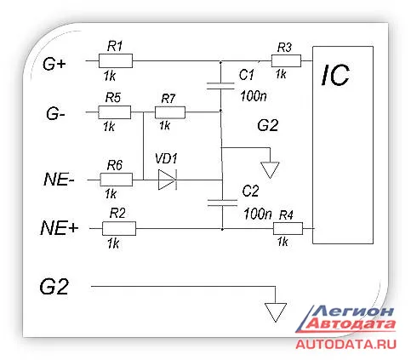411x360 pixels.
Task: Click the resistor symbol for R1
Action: click(116, 60)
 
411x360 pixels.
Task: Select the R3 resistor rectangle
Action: click(286, 60)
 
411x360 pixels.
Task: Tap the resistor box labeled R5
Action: click(115, 112)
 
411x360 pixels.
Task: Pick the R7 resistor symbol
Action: click(170, 112)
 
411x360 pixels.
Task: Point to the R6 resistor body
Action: click(117, 180)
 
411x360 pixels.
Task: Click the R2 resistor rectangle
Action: click(119, 228)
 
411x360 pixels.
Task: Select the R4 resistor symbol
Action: click(288, 228)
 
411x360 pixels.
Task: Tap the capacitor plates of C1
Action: click(220, 86)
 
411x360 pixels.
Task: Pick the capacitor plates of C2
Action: click(222, 203)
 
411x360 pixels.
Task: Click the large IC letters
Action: click(335, 75)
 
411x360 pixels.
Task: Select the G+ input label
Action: click(54, 64)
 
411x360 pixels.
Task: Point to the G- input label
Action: click(55, 114)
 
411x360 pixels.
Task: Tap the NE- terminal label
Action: click(59, 180)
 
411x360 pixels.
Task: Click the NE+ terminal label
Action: click(60, 228)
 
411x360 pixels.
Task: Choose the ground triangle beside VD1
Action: click(270, 169)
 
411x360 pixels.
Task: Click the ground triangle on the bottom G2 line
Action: click(276, 312)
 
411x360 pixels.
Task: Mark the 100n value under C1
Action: click(254, 96)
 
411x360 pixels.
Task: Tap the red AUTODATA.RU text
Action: click(345, 345)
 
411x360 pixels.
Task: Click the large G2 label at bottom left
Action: click(54, 287)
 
